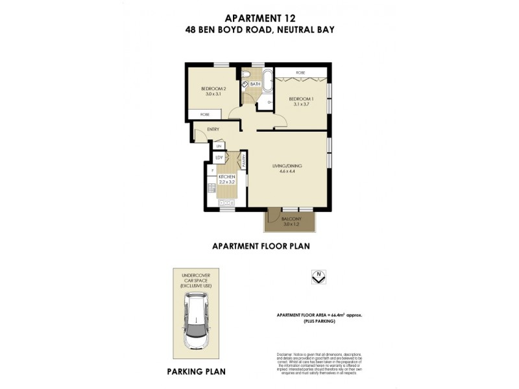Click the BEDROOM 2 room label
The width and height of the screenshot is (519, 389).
click(213, 89)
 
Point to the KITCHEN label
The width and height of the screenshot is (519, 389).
click(226, 177)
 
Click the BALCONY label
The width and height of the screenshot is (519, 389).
click(291, 219)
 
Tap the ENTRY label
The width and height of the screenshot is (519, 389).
click(213, 129)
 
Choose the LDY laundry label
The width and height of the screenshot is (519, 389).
click(219, 158)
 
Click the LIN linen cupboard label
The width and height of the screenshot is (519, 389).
click(219, 145)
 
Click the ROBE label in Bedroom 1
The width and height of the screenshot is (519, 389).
click(300, 73)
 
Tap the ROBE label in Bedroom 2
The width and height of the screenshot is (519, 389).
click(204, 114)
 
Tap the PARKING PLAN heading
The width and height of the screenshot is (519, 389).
click(196, 371)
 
